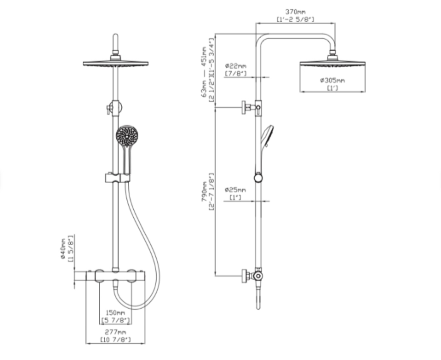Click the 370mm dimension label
[x=295, y=12]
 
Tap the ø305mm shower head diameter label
[x=332, y=80]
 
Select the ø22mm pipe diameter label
[x=235, y=66]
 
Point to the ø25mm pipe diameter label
[x=235, y=190]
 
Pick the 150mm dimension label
[x=115, y=313]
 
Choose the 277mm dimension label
[x=115, y=332]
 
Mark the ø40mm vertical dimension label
[x=63, y=249]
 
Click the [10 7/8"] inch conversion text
[x=115, y=339]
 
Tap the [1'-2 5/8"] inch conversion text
[x=295, y=19]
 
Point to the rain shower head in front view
[x=116, y=64]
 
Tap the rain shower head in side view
[x=332, y=63]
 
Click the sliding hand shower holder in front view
[x=117, y=178]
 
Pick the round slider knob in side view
[x=258, y=178]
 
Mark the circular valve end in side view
[x=258, y=276]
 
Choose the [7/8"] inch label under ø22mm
[x=235, y=73]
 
